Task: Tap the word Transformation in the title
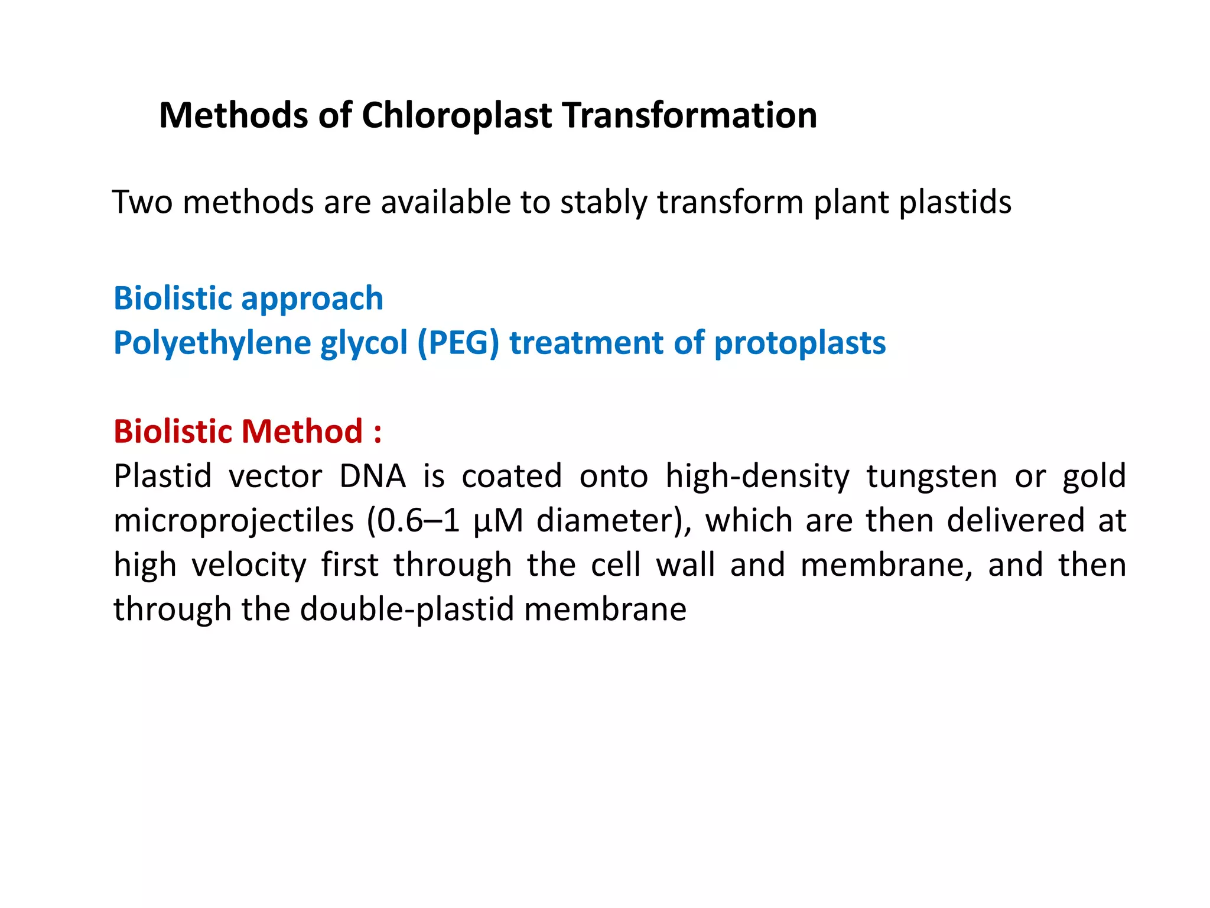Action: (x=689, y=115)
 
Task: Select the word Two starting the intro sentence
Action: (x=142, y=203)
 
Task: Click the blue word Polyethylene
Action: (x=212, y=343)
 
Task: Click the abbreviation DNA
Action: (x=372, y=476)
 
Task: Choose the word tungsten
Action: (x=932, y=476)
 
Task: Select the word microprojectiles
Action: (x=233, y=521)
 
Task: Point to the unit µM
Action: (x=498, y=521)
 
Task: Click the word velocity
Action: (x=249, y=565)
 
